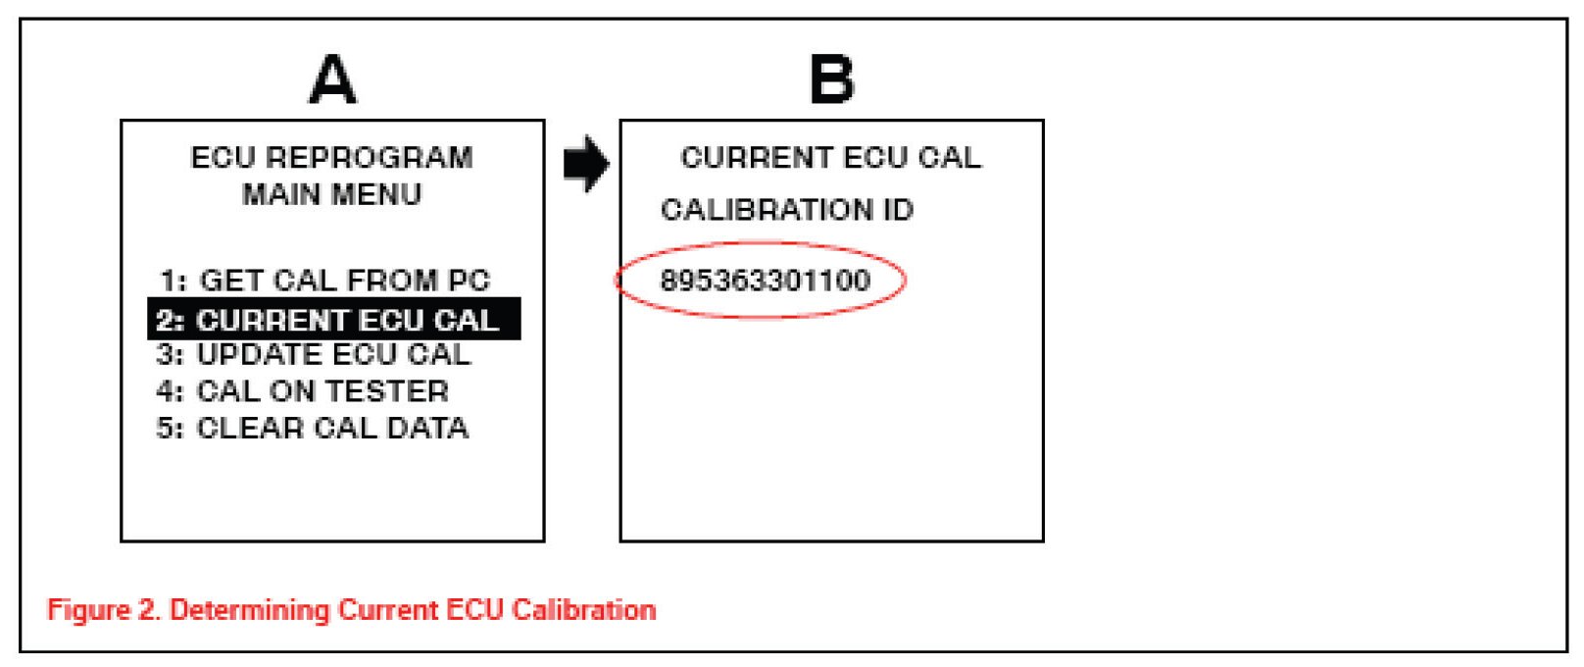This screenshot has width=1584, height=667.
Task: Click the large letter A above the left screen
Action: [x=332, y=79]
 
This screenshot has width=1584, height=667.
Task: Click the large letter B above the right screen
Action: [x=831, y=79]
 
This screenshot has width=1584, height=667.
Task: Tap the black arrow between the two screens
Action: [x=586, y=164]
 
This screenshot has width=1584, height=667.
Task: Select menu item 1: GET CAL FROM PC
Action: [x=324, y=281]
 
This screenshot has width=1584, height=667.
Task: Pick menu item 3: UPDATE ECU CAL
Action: [x=314, y=354]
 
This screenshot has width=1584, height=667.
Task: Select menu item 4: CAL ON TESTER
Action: [x=302, y=390]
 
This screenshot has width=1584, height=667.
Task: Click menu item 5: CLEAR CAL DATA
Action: [x=312, y=428]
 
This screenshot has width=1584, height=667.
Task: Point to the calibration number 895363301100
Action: [x=765, y=281]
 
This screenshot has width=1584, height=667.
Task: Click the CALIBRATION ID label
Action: [x=786, y=210]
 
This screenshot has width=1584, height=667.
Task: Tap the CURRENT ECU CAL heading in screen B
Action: [x=830, y=158]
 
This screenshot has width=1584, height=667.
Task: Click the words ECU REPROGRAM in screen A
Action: [x=331, y=158]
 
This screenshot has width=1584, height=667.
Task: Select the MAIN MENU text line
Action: [x=331, y=194]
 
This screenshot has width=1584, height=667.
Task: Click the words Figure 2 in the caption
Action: [x=103, y=610]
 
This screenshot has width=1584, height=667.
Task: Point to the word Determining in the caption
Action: [x=250, y=610]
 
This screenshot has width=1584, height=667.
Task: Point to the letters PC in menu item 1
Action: [x=469, y=281]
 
